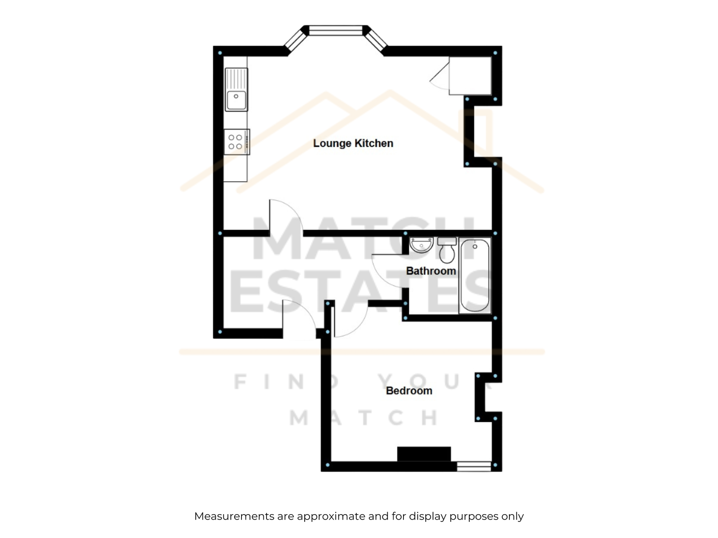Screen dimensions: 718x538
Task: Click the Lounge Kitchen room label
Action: point(353,143)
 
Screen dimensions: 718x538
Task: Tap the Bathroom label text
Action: point(431,271)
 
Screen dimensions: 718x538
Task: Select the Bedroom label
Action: point(409,390)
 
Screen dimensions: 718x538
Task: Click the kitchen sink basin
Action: point(236,100)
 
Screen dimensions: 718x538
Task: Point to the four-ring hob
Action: point(237,142)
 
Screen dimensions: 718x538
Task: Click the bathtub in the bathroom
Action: point(475,275)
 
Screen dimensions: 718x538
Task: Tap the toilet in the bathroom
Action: point(447,250)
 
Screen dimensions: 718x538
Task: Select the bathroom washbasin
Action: point(422,245)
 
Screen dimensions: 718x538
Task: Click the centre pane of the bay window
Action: point(336,30)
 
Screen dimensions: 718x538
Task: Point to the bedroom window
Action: point(474,466)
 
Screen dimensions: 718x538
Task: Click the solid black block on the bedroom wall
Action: point(424,454)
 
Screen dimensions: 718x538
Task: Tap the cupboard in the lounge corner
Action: point(470,76)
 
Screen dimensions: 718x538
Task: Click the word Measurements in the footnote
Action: point(234,516)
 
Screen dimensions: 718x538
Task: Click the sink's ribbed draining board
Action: point(236,79)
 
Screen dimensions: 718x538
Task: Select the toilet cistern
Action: point(447,241)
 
